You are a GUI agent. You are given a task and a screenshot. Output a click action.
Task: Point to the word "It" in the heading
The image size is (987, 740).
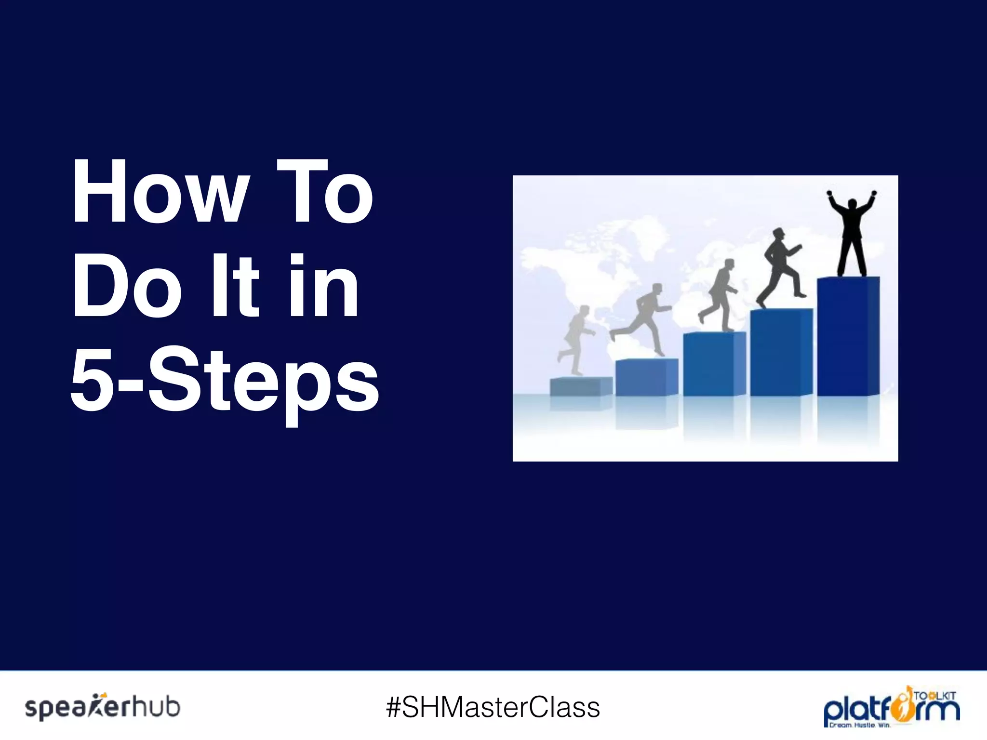236,286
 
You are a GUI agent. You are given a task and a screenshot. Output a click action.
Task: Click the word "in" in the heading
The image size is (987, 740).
324,286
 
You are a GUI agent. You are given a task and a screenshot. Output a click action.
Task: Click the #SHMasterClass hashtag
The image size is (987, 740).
493,707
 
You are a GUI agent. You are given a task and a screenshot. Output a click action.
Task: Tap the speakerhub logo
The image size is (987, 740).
103,707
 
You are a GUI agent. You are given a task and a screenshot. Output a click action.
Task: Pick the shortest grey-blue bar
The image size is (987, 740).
581,386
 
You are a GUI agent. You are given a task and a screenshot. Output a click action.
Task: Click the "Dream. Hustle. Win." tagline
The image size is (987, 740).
859,725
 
